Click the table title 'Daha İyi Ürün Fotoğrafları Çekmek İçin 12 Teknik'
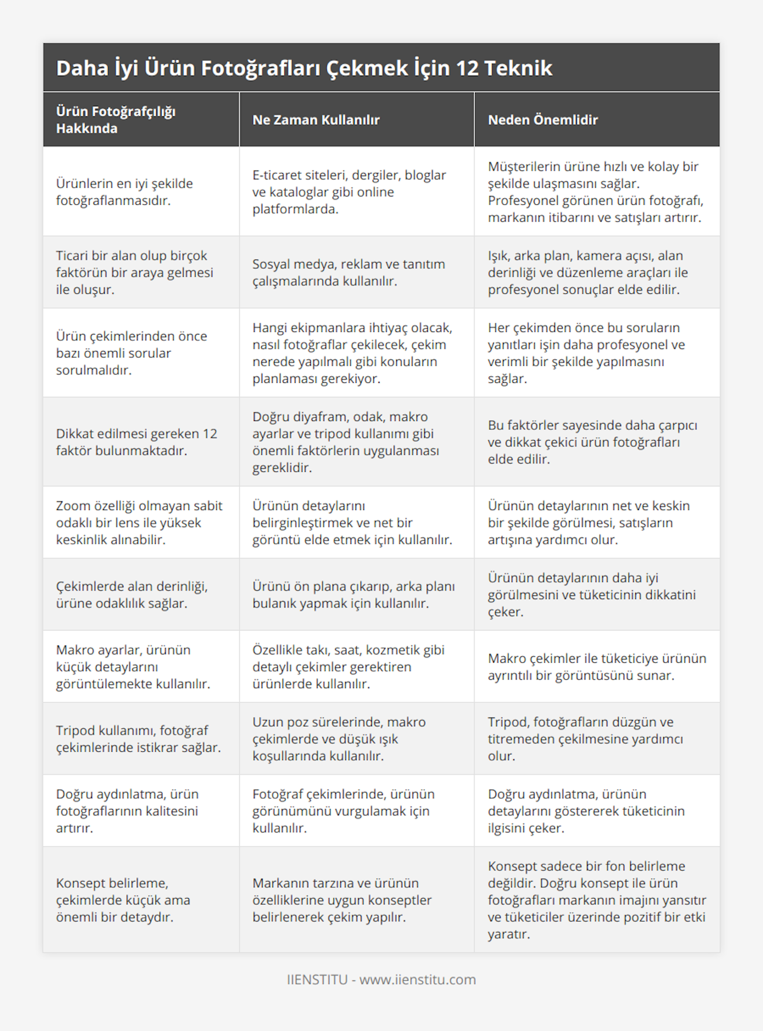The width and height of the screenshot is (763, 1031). pyautogui.click(x=304, y=68)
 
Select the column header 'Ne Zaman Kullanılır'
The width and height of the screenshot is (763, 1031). pyautogui.click(x=316, y=120)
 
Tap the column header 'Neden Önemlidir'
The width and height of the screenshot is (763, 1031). pyautogui.click(x=542, y=120)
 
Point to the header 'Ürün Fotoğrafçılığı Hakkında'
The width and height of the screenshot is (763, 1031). pyautogui.click(x=116, y=120)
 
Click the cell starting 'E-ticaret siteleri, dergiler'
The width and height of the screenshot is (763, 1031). pyautogui.click(x=349, y=191)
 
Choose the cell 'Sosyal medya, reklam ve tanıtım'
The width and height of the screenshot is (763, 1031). pyautogui.click(x=348, y=272)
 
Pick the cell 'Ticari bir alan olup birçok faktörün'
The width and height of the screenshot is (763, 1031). pyautogui.click(x=135, y=272)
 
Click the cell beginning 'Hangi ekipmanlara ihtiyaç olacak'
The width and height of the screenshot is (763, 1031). pyautogui.click(x=352, y=353)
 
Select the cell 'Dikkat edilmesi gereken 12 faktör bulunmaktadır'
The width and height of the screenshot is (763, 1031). pyautogui.click(x=137, y=442)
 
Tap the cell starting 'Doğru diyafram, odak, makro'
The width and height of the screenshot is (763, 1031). pyautogui.click(x=346, y=442)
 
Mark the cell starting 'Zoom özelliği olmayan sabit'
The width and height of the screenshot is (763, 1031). pyautogui.click(x=139, y=522)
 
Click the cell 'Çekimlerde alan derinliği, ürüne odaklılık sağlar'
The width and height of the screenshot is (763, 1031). pyautogui.click(x=132, y=595)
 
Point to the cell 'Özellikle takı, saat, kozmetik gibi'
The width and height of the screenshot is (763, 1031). pyautogui.click(x=348, y=667)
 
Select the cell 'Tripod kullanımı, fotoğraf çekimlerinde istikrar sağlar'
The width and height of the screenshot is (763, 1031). pyautogui.click(x=139, y=738)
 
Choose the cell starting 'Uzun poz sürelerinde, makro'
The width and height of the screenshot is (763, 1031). pyautogui.click(x=339, y=738)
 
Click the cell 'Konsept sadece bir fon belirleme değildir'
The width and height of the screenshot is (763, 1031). pyautogui.click(x=596, y=899)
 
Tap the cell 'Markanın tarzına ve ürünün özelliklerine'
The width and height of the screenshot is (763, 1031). pyautogui.click(x=342, y=899)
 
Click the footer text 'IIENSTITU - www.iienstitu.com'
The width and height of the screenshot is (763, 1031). pyautogui.click(x=381, y=979)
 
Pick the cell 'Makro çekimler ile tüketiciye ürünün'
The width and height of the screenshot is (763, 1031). pyautogui.click(x=596, y=667)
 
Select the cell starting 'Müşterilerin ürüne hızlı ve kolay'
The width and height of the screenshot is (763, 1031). pyautogui.click(x=595, y=191)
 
